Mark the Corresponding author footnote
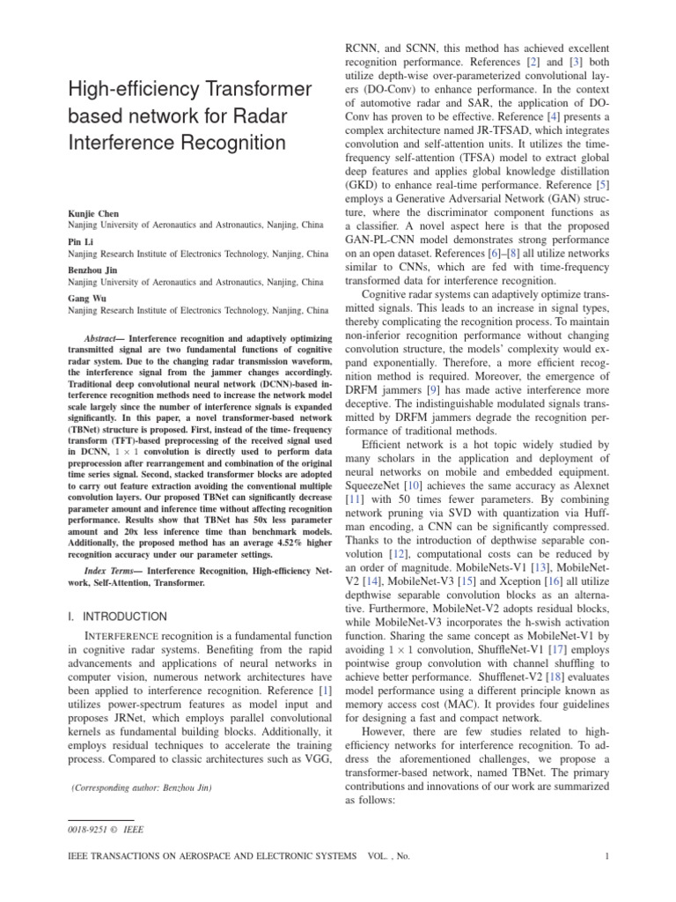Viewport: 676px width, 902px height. [141, 787]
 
